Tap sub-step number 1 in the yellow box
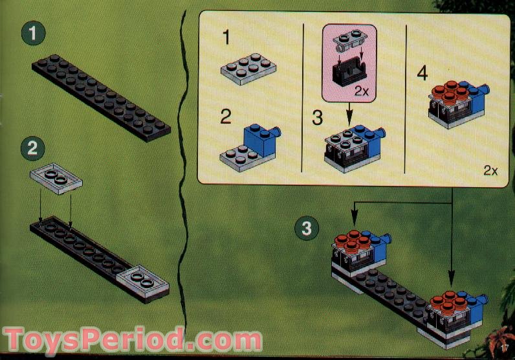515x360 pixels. pyautogui.click(x=226, y=38)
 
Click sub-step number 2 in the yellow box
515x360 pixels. pyautogui.click(x=226, y=117)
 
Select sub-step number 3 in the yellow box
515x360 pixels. pyautogui.click(x=317, y=118)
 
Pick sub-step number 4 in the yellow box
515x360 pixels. pyautogui.click(x=422, y=73)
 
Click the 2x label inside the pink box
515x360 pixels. pyautogui.click(x=361, y=92)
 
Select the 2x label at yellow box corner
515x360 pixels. pyautogui.click(x=490, y=172)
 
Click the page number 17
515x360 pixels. pyautogui.click(x=505, y=350)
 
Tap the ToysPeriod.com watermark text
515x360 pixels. pyautogui.click(x=133, y=339)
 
